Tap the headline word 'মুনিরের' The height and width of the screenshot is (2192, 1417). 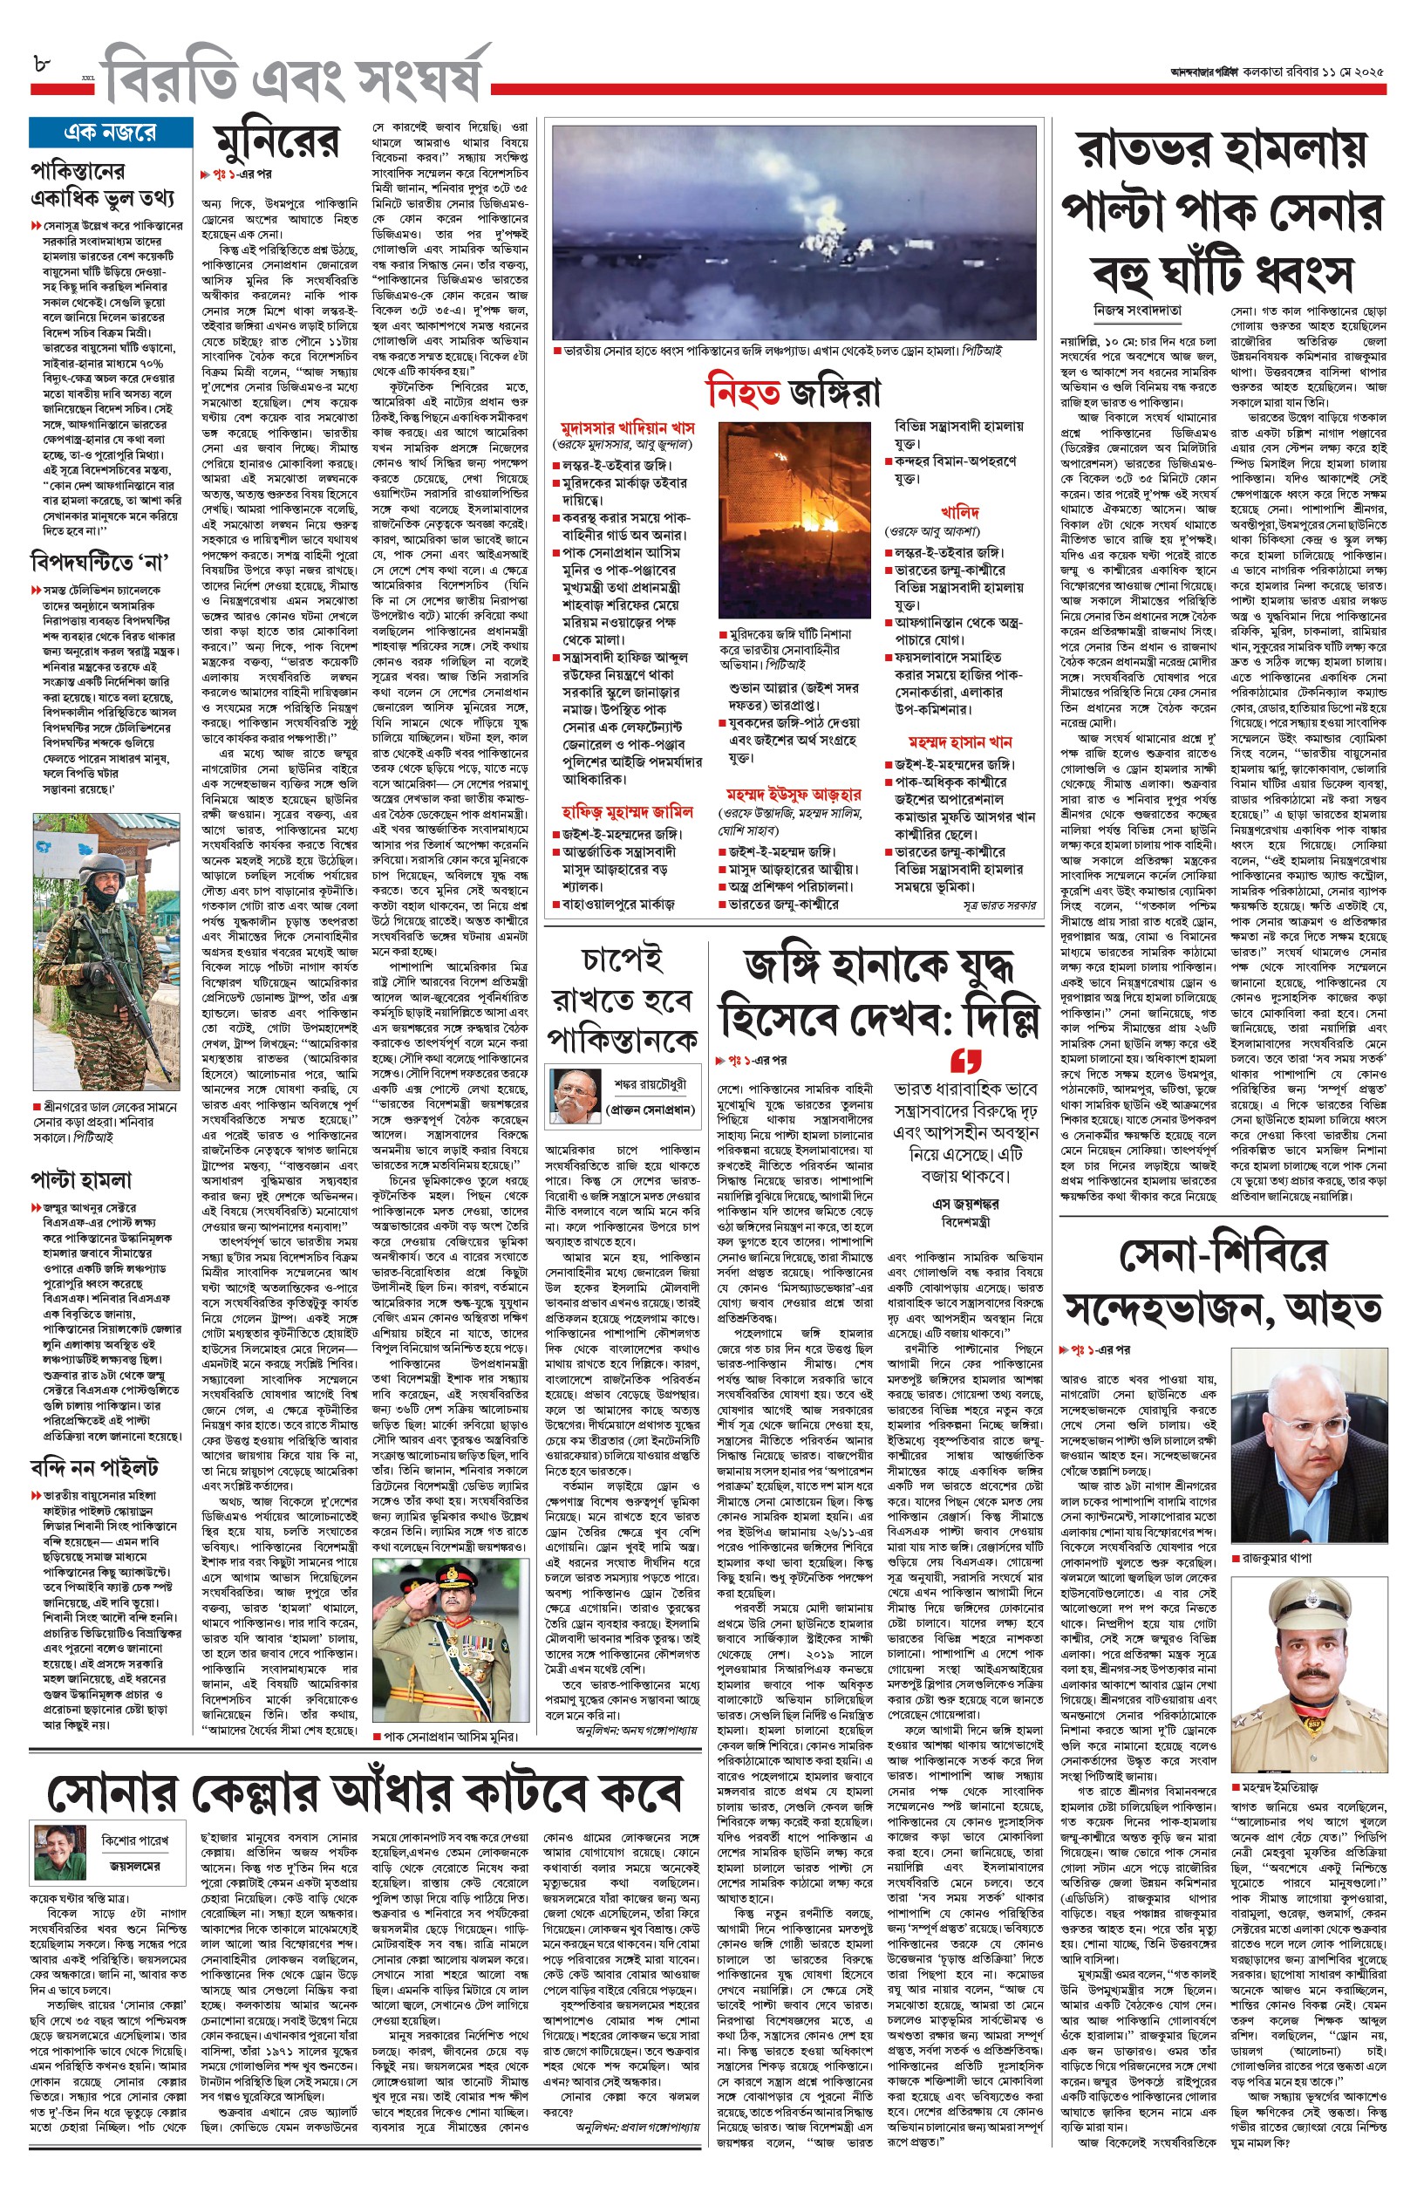[276, 143]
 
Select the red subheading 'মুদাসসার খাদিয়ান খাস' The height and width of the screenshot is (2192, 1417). [628, 428]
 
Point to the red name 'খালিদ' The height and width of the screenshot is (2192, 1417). [959, 512]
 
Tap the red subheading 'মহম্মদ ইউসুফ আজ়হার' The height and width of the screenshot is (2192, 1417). [794, 793]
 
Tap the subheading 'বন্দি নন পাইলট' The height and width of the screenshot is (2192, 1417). [94, 1467]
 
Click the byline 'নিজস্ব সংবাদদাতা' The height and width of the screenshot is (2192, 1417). [1138, 311]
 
